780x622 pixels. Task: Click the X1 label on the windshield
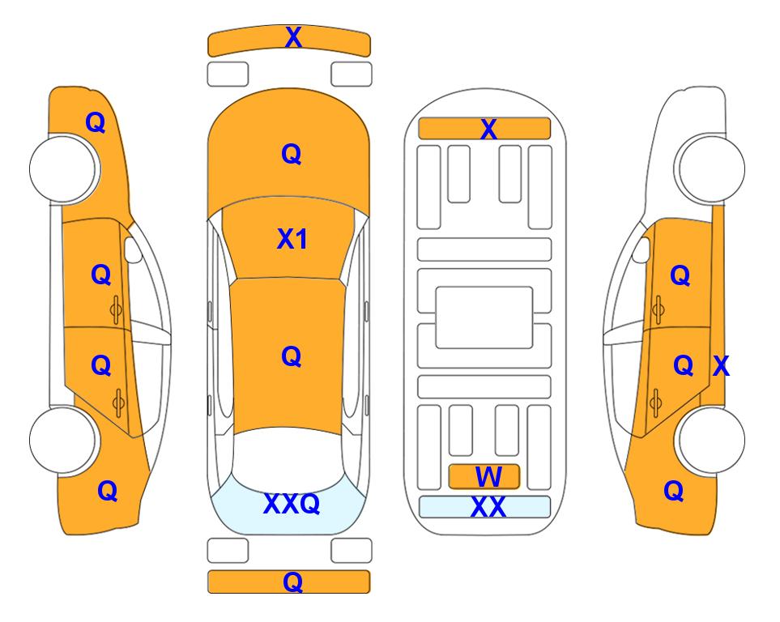click(292, 239)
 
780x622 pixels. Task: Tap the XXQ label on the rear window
click(292, 504)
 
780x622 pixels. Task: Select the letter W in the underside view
click(488, 476)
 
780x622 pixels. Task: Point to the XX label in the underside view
click(488, 507)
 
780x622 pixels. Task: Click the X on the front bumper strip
click(293, 36)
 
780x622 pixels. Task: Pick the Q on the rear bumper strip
click(293, 582)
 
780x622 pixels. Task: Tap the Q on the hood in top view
click(292, 154)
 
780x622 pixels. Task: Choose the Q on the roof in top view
click(292, 356)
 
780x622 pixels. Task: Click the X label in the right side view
click(722, 366)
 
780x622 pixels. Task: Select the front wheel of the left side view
click(63, 168)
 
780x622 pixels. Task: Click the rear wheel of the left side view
click(63, 440)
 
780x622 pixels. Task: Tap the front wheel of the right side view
click(710, 168)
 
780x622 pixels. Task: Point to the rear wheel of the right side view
click(710, 440)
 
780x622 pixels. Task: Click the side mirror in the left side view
click(132, 249)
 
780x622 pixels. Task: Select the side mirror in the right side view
click(641, 249)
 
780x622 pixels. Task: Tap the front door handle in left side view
click(117, 309)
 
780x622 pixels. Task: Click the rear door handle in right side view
click(657, 403)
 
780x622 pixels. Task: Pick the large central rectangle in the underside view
click(484, 317)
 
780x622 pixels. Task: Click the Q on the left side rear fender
click(108, 491)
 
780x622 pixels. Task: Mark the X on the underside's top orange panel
click(488, 129)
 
